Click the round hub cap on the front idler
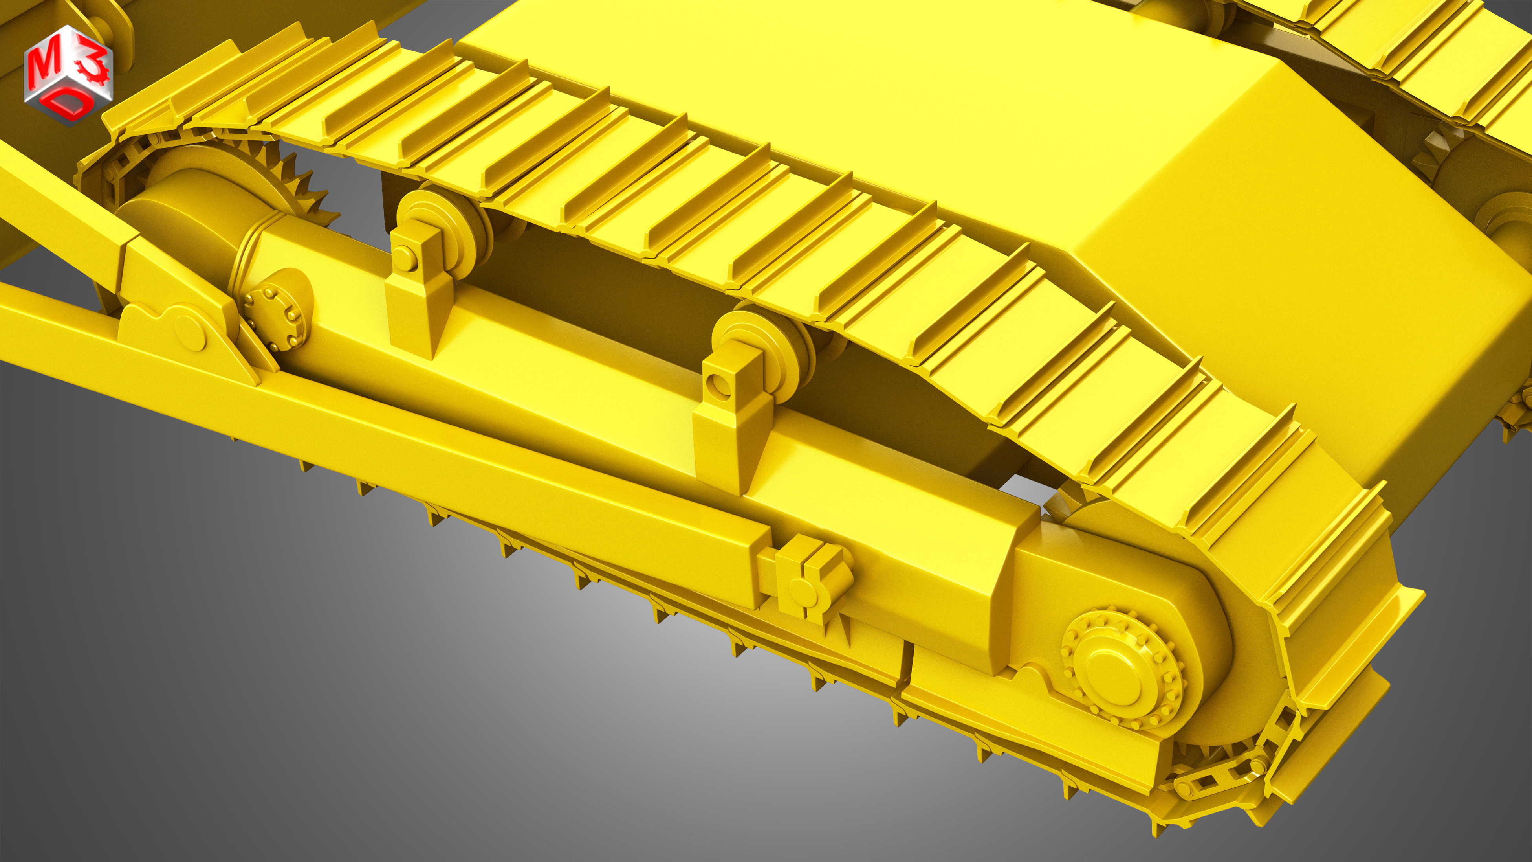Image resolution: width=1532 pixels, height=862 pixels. [1116, 678]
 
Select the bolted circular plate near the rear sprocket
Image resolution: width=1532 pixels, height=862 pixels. [277, 318]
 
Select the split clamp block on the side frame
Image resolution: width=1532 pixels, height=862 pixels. [812, 580]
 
